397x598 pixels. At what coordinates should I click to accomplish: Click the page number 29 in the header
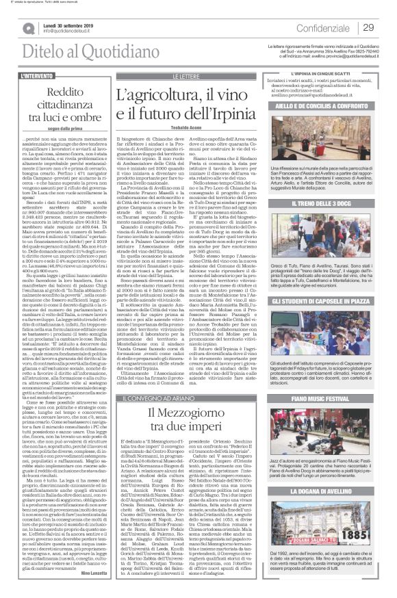pos(368,27)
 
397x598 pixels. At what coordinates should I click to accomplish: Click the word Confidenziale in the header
pos(328,27)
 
